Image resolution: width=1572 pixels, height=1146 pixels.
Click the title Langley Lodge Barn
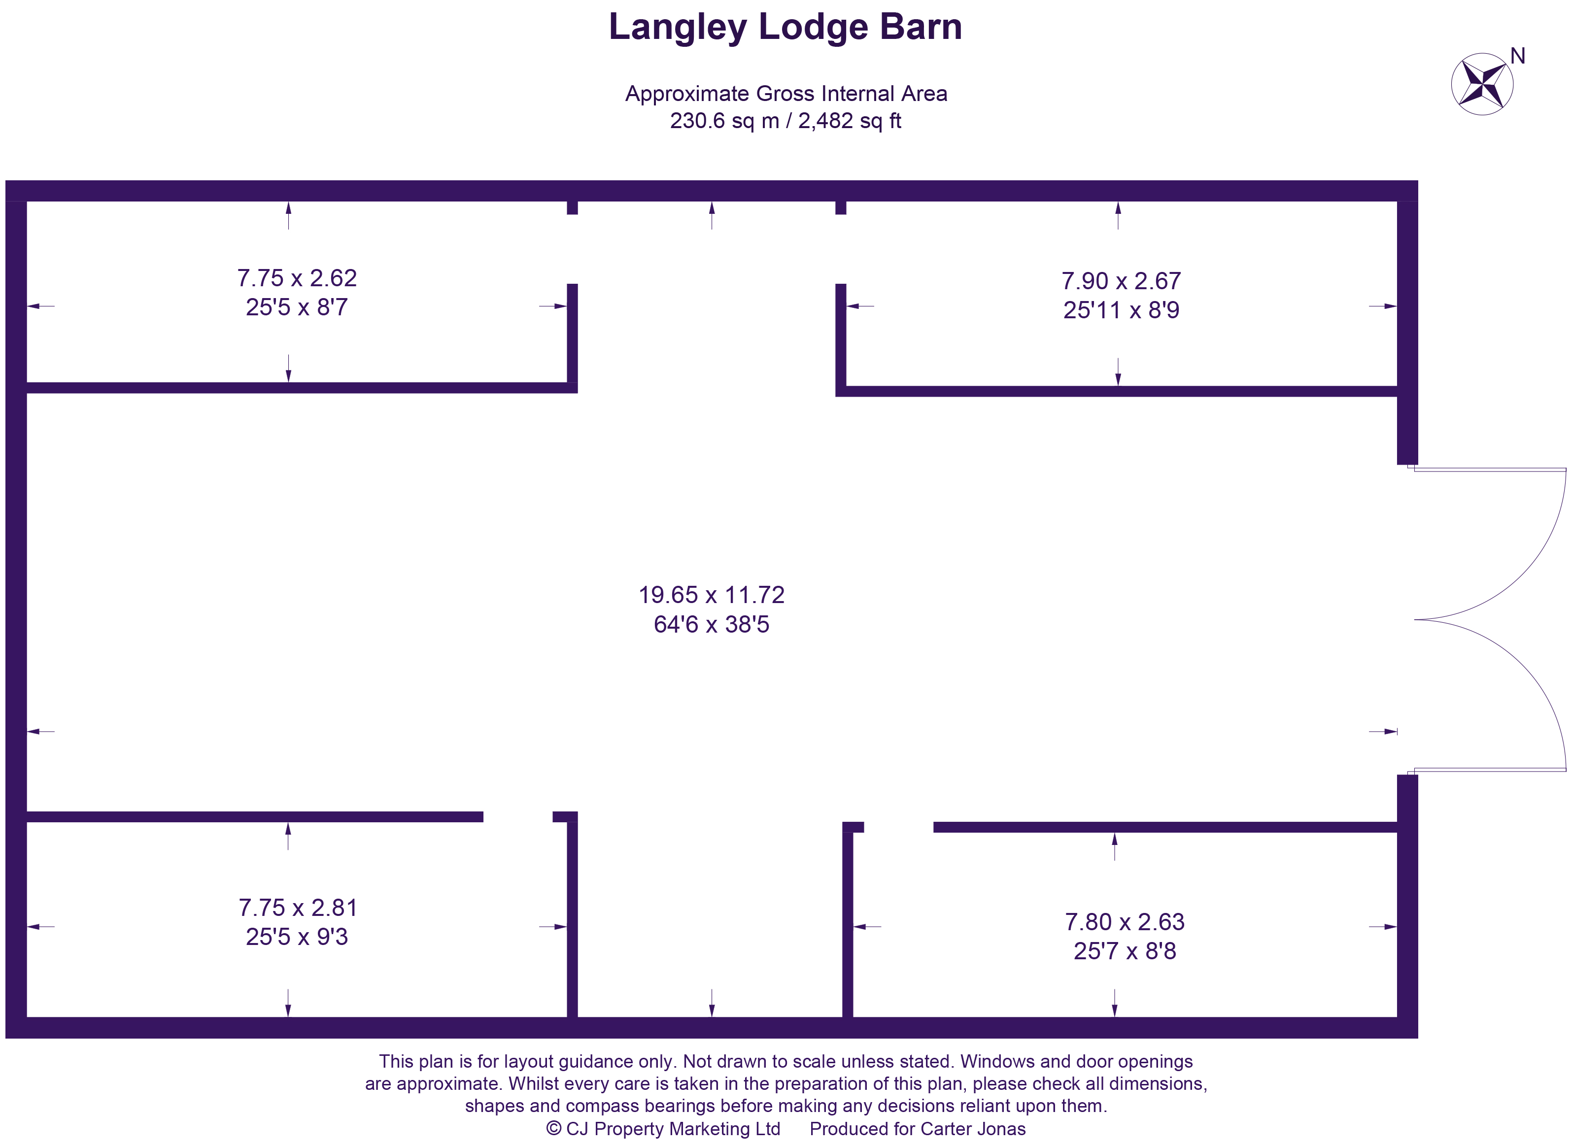pos(786,28)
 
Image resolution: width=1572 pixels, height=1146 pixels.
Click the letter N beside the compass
pos(1517,56)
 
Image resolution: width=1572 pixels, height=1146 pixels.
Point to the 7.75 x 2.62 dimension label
pos(297,278)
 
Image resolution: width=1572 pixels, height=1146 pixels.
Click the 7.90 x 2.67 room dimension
pos(1121,281)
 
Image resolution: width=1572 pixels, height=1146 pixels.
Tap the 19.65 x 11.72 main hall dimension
pos(711,595)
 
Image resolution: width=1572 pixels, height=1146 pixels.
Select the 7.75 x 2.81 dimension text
pos(298,908)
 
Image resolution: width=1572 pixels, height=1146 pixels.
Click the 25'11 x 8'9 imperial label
pos(1121,310)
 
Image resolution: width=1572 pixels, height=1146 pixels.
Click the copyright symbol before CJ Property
pos(553,1129)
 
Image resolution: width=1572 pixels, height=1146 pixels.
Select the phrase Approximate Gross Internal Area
pos(786,94)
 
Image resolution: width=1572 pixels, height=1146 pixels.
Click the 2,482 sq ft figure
pos(849,121)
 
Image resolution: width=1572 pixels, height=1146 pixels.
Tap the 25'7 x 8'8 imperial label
pos(1125,951)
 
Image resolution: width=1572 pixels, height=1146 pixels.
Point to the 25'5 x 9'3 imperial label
pos(297,937)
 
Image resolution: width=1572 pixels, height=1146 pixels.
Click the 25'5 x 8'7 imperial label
pos(297,307)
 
